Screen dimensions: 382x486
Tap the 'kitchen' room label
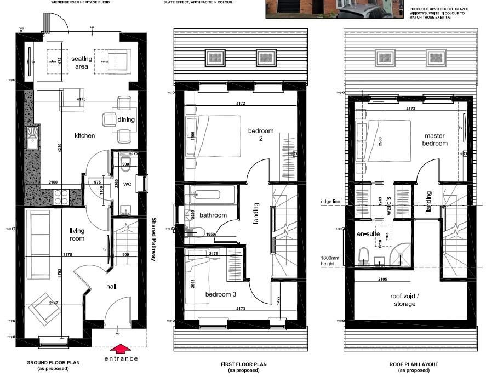click(x=85, y=135)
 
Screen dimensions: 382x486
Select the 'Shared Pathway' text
click(x=153, y=239)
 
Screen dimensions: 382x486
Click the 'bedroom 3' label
click(x=221, y=294)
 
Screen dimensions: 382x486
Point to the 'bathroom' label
click(x=213, y=215)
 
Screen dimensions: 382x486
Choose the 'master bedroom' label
click(x=435, y=139)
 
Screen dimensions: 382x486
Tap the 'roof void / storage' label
click(x=404, y=299)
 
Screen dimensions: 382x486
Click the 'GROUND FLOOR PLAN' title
click(x=53, y=363)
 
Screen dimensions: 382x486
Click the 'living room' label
click(x=77, y=235)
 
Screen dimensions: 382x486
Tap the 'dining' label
click(x=126, y=119)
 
